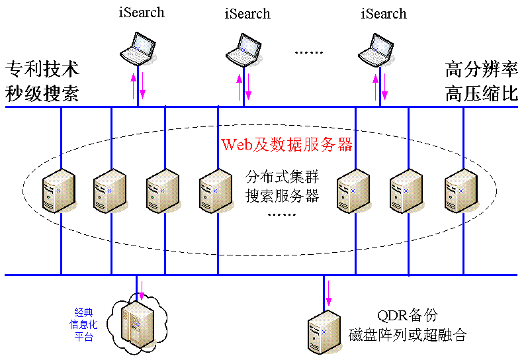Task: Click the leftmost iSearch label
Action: [142, 13]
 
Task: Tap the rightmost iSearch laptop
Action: [375, 50]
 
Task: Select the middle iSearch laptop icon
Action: [243, 50]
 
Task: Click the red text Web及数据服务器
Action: [286, 145]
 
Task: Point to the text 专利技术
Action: [42, 69]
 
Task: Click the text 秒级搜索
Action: [42, 93]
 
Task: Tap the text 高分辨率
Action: [482, 69]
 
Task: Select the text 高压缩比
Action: [482, 93]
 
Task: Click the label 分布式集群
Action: [282, 177]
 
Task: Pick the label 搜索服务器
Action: [282, 196]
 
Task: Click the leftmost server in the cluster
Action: [59, 191]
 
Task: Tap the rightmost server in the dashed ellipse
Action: [461, 191]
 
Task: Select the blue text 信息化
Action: [83, 324]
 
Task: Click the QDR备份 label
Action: [408, 316]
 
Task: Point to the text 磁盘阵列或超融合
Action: [408, 335]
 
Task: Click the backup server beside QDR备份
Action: [324, 332]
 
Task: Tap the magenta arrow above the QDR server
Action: [329, 293]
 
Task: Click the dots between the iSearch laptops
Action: [308, 52]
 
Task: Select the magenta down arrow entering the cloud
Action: [142, 291]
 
